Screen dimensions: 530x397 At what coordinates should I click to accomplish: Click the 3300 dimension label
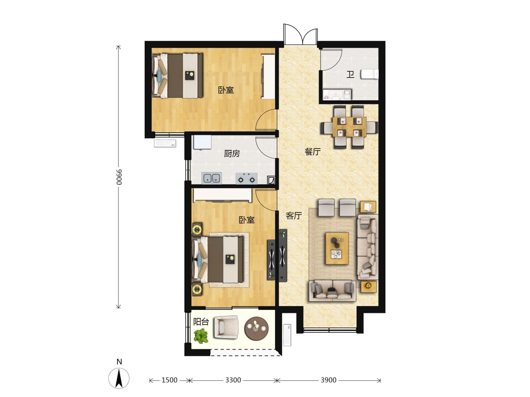click(x=233, y=380)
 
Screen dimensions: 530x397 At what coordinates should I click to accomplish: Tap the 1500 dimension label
click(x=169, y=380)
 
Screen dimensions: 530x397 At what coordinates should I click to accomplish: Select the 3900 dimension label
click(x=328, y=380)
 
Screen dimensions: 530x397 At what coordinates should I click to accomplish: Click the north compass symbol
click(x=119, y=378)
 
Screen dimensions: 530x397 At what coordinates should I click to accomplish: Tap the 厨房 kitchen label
click(x=232, y=153)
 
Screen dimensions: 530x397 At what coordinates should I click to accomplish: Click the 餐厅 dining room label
click(x=312, y=151)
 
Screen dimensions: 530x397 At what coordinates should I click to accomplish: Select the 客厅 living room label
click(x=294, y=215)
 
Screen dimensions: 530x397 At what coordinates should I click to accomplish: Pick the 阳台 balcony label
click(x=201, y=322)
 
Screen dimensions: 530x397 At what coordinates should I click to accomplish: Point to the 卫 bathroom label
click(x=350, y=75)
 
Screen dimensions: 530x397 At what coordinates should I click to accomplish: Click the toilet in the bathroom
click(x=370, y=74)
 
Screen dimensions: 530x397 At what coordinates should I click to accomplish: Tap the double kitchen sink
click(x=212, y=178)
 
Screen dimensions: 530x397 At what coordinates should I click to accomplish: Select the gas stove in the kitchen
click(x=246, y=178)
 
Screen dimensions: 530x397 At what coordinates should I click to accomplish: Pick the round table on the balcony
click(x=256, y=328)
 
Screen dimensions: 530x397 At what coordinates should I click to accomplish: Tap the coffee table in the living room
click(x=337, y=248)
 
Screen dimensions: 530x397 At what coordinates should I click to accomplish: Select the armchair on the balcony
click(x=226, y=327)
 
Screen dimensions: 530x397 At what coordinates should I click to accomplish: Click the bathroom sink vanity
click(x=337, y=94)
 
